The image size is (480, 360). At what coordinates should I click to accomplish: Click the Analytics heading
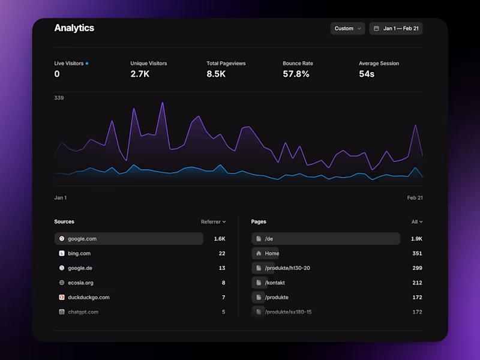(74, 28)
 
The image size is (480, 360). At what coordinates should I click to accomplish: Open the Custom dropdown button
(347, 28)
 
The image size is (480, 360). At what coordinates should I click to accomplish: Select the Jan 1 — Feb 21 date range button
(396, 28)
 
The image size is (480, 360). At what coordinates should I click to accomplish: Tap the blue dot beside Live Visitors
(87, 63)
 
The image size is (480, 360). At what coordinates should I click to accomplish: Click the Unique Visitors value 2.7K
(140, 74)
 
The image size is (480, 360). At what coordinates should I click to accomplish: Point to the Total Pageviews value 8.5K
(216, 74)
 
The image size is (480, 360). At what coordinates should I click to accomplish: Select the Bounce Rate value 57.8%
(296, 74)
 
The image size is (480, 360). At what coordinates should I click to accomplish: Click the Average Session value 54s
(367, 74)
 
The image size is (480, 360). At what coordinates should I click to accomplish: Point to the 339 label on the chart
(59, 98)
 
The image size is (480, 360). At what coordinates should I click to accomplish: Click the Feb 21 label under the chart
(415, 197)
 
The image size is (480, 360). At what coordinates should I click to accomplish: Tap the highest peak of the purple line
(163, 103)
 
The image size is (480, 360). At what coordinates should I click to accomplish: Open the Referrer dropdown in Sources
(213, 222)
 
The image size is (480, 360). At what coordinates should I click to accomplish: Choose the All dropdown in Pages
(416, 222)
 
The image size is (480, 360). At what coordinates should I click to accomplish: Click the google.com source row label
(82, 239)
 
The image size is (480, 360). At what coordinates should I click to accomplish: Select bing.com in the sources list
(79, 253)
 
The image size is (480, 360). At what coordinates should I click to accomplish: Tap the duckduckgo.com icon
(61, 298)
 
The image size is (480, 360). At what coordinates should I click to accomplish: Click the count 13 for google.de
(222, 268)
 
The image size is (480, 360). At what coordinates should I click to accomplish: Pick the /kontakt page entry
(275, 283)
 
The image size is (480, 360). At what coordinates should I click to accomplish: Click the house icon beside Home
(259, 253)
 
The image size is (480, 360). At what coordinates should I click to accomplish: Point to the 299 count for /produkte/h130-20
(416, 268)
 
